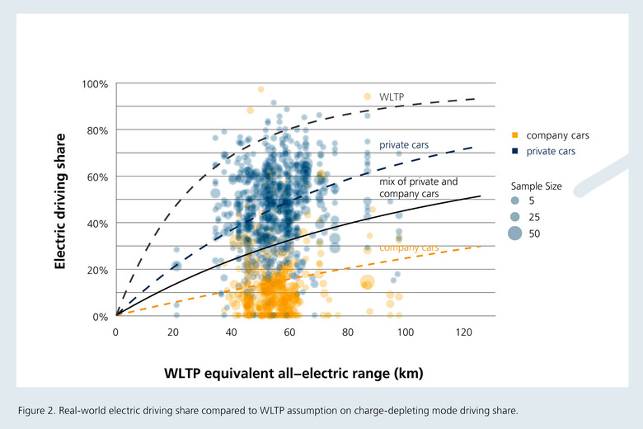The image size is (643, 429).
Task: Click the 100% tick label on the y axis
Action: coord(95,84)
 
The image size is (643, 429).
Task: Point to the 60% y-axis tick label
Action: coord(97,177)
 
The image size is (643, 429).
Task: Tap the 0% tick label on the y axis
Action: coord(100,317)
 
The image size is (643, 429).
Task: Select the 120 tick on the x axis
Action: coord(463,332)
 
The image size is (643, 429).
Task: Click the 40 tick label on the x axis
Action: coord(231,332)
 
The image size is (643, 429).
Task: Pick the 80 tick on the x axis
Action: coord(347,332)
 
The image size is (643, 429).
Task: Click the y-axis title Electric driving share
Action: coord(60,201)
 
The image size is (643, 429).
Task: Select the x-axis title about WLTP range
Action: coord(293,373)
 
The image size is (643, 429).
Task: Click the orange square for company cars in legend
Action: coord(515,135)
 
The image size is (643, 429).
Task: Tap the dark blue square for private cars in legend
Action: coord(515,151)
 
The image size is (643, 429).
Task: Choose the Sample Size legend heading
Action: coord(536,186)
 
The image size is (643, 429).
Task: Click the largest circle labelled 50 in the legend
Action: coord(515,233)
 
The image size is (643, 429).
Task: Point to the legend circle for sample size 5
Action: coord(515,200)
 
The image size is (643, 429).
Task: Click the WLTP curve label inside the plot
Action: coord(392,97)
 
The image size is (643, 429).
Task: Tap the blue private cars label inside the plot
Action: coord(404,145)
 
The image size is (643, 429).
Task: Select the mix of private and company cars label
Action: coord(418,187)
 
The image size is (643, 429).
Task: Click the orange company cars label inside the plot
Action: coord(409,247)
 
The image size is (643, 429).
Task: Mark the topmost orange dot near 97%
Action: coord(260,89)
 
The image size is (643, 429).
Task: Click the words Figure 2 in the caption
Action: coord(36,411)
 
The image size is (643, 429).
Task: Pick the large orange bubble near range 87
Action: coord(368,282)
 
